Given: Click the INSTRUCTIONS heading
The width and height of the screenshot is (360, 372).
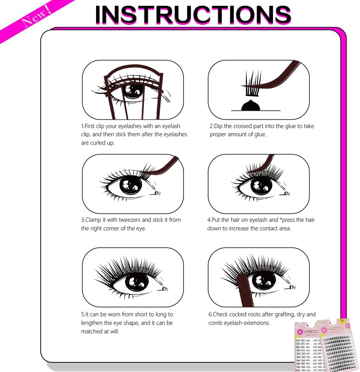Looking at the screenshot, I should pos(193,15).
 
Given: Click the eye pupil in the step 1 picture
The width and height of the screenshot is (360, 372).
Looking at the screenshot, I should pos(133,90).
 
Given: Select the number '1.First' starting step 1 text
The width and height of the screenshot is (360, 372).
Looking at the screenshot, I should pos(91,126).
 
